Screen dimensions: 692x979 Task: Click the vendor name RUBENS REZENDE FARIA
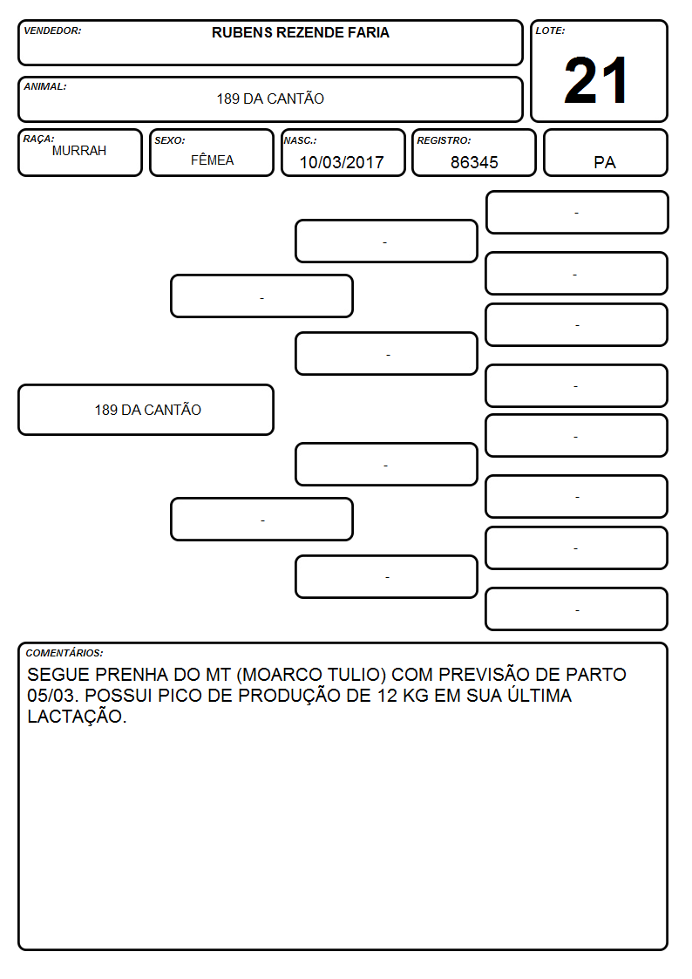(300, 32)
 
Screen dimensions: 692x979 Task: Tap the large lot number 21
(596, 80)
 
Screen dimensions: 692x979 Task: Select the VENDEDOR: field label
(52, 31)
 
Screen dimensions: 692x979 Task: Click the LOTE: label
(550, 31)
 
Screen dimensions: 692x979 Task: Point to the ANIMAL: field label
(45, 87)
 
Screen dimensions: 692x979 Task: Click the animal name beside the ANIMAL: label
(270, 98)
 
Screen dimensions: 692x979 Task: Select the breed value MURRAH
(79, 151)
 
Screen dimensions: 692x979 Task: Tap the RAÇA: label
(38, 139)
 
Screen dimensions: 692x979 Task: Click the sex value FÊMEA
(212, 160)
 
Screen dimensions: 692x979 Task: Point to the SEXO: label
(170, 140)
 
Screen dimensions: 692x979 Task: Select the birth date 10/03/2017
(342, 162)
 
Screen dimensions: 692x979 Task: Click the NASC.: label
(300, 140)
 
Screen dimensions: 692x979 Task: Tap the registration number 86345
(474, 162)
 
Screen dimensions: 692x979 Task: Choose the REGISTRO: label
(444, 140)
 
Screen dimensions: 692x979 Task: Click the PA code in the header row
(605, 162)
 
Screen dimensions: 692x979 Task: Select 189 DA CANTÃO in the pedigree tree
(148, 410)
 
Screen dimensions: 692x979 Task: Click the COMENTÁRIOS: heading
(64, 653)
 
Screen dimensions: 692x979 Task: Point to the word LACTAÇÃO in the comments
(75, 716)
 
